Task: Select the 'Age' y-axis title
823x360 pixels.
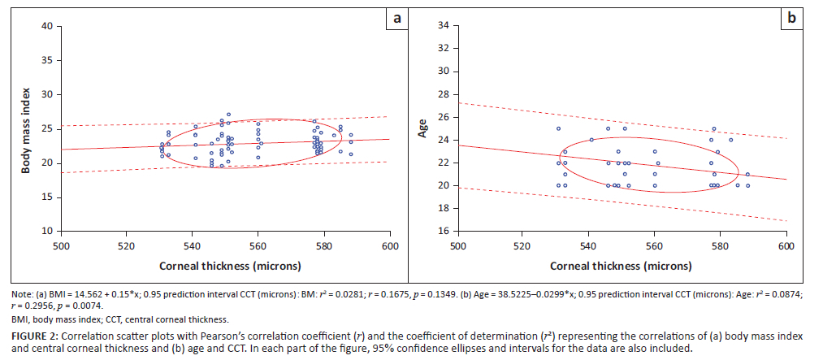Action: click(x=422, y=129)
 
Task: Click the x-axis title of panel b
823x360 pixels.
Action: click(x=622, y=266)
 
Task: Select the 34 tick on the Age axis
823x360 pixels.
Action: click(x=443, y=26)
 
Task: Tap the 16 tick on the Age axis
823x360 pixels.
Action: click(x=443, y=232)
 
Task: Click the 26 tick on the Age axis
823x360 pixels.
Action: click(x=443, y=117)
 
